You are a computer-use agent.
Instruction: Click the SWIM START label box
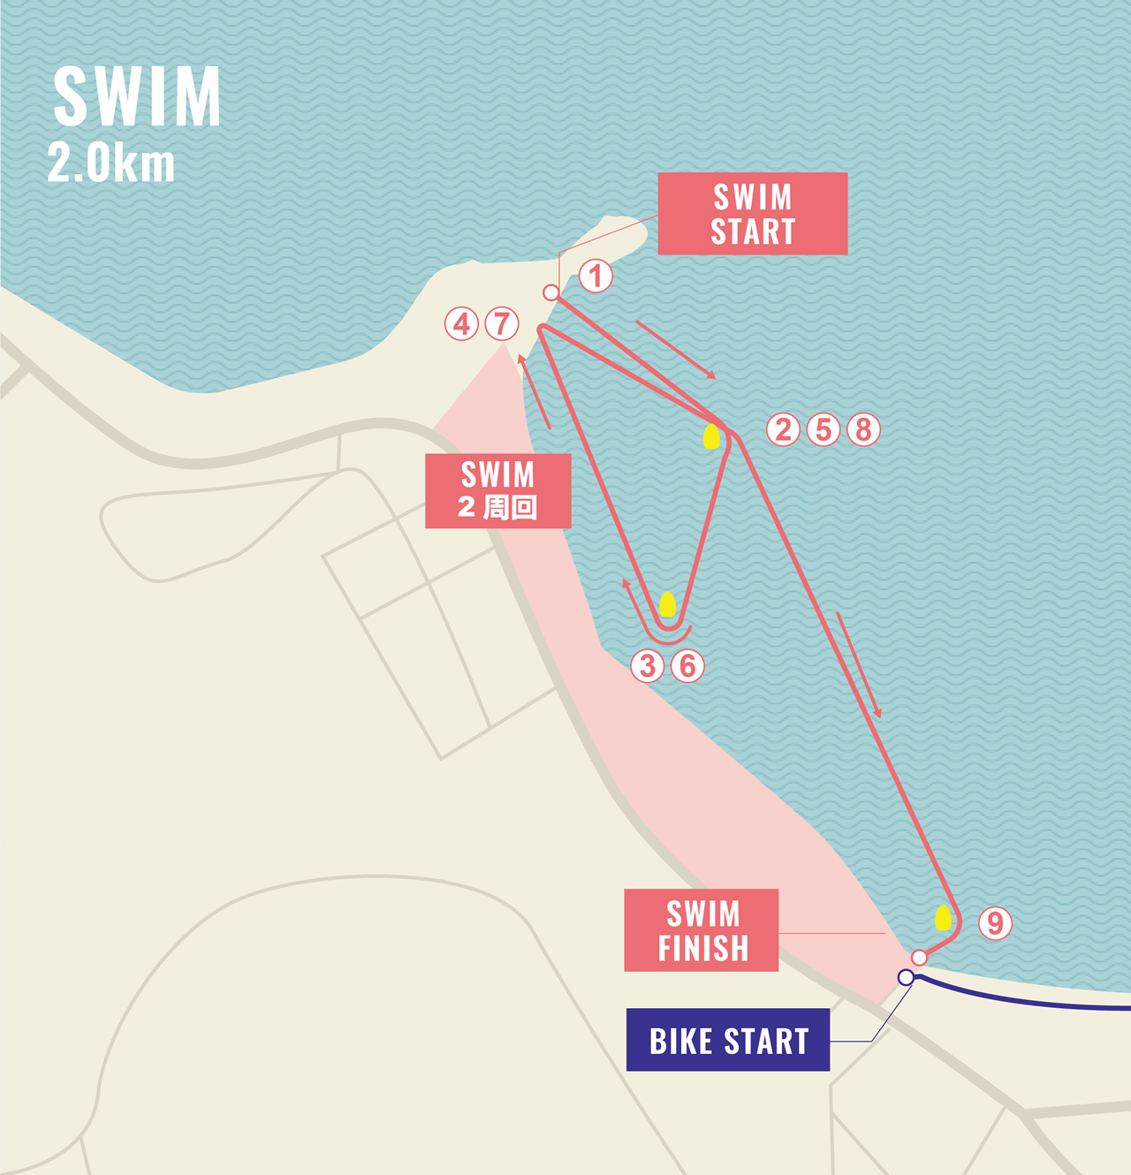pyautogui.click(x=753, y=214)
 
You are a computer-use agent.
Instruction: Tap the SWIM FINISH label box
pyautogui.click(x=702, y=930)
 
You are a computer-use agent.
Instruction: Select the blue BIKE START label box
pyautogui.click(x=728, y=1040)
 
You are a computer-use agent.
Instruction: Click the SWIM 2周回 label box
pyautogui.click(x=498, y=491)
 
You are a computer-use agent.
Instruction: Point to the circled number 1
pyautogui.click(x=596, y=276)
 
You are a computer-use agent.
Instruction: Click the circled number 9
pyautogui.click(x=995, y=923)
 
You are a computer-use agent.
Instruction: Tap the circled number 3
pyautogui.click(x=647, y=665)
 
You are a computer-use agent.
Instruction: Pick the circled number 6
pyautogui.click(x=687, y=665)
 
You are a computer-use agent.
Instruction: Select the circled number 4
pyautogui.click(x=461, y=324)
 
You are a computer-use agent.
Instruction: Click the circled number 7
pyautogui.click(x=502, y=324)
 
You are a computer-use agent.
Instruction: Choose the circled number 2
pyautogui.click(x=783, y=429)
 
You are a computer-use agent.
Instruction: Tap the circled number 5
pyautogui.click(x=824, y=429)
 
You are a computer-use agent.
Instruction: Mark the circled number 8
pyautogui.click(x=864, y=429)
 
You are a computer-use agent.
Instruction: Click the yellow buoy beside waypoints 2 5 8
pyautogui.click(x=711, y=436)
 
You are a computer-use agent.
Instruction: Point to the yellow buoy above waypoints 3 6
pyautogui.click(x=668, y=604)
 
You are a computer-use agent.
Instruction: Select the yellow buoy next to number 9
pyautogui.click(x=944, y=918)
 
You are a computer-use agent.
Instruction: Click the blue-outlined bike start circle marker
pyautogui.click(x=906, y=977)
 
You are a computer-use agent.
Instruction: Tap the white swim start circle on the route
pyautogui.click(x=551, y=292)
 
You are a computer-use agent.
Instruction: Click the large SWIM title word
pyautogui.click(x=137, y=96)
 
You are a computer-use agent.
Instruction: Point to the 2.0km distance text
pyautogui.click(x=111, y=164)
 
